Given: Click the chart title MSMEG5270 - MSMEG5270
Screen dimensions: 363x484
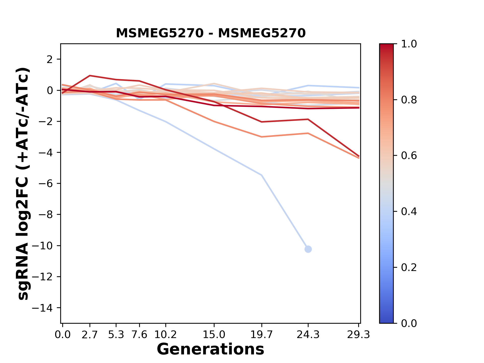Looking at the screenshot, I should tap(211, 33).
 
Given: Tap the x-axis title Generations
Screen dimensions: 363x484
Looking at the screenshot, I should tap(210, 349).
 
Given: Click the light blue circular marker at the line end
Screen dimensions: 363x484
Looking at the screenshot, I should tap(308, 249).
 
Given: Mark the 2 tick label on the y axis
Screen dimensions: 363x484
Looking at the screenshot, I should tap(50, 59).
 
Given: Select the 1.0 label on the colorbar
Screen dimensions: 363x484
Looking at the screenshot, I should tap(409, 44).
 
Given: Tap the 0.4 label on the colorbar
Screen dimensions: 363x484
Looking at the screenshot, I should tap(409, 211).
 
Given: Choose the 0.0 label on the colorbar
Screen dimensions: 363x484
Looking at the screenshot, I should tap(409, 323).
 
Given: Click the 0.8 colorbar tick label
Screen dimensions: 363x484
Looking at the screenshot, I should tap(409, 100).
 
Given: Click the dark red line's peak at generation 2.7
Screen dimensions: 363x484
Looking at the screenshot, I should tap(90, 76).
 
